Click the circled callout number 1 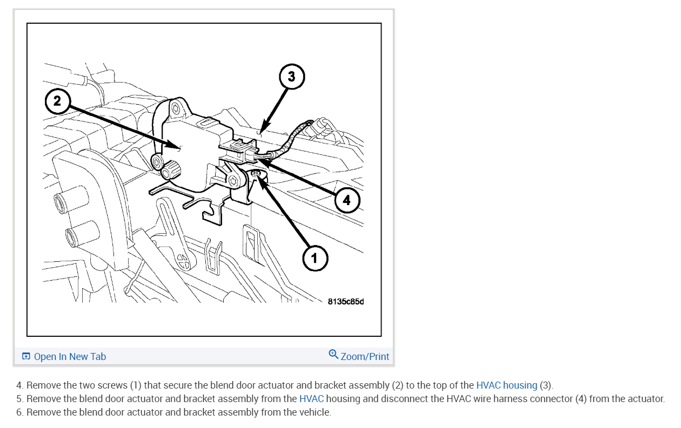pyautogui.click(x=314, y=259)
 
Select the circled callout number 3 pyautogui.click(x=292, y=77)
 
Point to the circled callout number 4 pyautogui.click(x=346, y=200)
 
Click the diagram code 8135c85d pyautogui.click(x=346, y=301)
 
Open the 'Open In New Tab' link pyautogui.click(x=70, y=356)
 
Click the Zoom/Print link pyautogui.click(x=365, y=356)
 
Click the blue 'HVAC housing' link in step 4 pyautogui.click(x=506, y=385)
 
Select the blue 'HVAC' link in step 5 pyautogui.click(x=311, y=399)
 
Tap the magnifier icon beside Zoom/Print pyautogui.click(x=333, y=355)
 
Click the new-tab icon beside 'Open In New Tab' pyautogui.click(x=26, y=356)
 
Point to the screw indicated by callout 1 pyautogui.click(x=257, y=174)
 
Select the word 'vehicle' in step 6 pyautogui.click(x=312, y=412)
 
